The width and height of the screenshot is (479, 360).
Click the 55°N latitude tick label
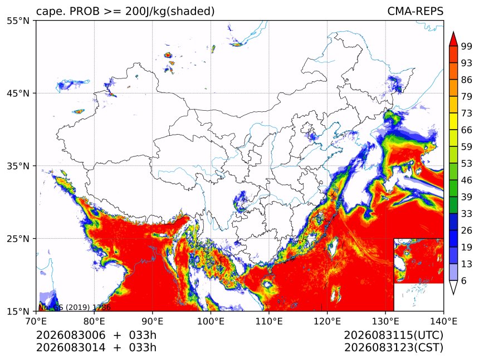point(18,21)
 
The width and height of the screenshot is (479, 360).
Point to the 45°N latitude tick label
point(18,93)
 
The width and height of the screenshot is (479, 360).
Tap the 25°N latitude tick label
point(18,238)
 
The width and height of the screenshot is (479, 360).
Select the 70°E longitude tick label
point(36,322)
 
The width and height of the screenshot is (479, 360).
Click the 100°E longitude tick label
point(211,322)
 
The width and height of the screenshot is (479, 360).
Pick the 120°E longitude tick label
point(327,322)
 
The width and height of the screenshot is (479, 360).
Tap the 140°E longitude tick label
point(443,322)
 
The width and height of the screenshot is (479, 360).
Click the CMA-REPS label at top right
point(416,11)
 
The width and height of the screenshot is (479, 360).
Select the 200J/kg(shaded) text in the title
point(170,12)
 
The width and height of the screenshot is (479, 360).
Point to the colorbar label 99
point(467,46)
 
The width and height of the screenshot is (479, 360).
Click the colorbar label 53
point(467,164)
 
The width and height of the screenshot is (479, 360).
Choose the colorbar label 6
point(464,280)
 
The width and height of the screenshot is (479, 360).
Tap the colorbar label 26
point(467,230)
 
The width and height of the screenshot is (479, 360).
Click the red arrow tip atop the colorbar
point(453,32)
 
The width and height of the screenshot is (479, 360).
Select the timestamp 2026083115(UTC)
point(394,335)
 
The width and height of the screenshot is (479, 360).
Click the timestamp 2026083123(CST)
point(394,348)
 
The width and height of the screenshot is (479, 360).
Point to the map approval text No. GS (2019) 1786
point(74,307)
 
